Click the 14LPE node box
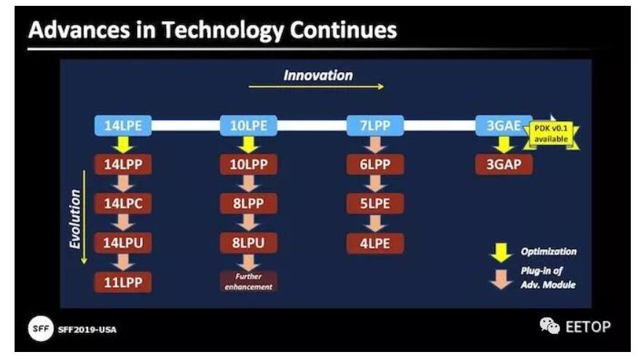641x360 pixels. click(x=123, y=125)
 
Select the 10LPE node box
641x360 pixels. click(x=248, y=125)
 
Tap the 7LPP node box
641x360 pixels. click(x=375, y=125)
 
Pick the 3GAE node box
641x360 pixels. click(x=503, y=125)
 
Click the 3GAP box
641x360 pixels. click(x=503, y=165)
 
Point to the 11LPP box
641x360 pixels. click(x=123, y=282)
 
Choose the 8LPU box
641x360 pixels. click(x=248, y=243)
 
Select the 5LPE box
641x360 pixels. click(x=375, y=204)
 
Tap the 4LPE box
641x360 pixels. click(x=375, y=243)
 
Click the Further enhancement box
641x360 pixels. click(x=248, y=281)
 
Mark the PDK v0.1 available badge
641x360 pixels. click(x=551, y=134)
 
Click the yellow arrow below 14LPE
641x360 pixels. click(x=123, y=145)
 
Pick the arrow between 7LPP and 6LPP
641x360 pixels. click(x=375, y=145)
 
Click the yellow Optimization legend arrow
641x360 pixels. click(x=501, y=253)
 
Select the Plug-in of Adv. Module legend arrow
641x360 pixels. click(x=501, y=279)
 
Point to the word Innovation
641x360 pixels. click(x=318, y=75)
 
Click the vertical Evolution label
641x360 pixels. click(x=75, y=219)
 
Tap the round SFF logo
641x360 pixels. click(x=41, y=329)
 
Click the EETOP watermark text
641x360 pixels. click(x=588, y=326)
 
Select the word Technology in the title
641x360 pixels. click(x=222, y=30)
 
